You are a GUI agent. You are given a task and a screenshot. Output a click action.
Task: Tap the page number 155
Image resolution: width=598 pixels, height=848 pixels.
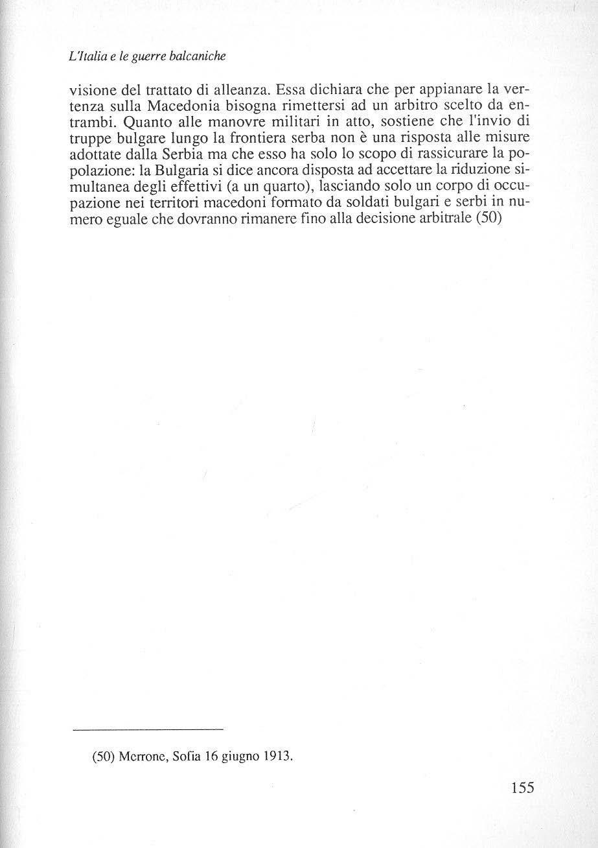(522, 788)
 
